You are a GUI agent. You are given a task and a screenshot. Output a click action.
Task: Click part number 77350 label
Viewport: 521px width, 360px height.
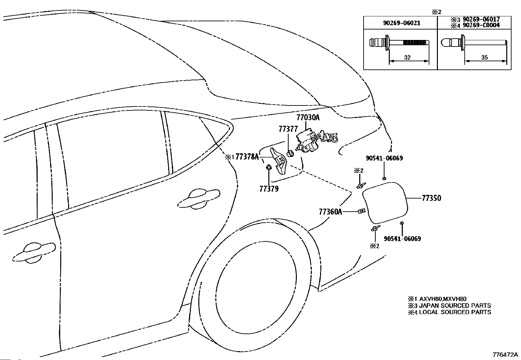point(431,198)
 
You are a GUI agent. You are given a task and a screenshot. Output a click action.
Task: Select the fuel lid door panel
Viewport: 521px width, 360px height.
point(385,202)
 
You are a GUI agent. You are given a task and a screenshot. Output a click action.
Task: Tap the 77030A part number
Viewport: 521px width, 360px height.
point(308,117)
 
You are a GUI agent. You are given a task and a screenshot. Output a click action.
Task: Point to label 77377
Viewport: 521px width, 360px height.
point(288,129)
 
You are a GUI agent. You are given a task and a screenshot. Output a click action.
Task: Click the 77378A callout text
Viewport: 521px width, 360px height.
point(247,157)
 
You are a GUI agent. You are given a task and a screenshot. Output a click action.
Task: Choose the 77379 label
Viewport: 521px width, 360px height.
point(269,189)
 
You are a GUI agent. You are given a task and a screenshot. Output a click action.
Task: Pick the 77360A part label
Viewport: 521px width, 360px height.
point(331,212)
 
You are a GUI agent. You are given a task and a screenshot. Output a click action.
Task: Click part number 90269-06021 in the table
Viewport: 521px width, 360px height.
point(402,23)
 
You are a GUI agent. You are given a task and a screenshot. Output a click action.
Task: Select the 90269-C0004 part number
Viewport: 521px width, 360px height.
point(481,25)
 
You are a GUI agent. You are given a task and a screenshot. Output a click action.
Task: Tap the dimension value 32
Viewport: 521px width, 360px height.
point(407,57)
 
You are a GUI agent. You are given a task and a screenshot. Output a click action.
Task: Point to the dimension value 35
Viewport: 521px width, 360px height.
point(484,57)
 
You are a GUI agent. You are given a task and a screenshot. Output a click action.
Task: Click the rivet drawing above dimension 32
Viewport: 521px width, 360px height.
point(399,43)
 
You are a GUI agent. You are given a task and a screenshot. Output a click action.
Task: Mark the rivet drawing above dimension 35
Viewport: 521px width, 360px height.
point(474,43)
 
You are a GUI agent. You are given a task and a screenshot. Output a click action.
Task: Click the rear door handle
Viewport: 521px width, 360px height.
point(198,198)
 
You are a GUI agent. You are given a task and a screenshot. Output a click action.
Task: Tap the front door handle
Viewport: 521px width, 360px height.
point(34,253)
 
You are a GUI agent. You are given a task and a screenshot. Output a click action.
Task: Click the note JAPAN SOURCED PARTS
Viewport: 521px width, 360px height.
point(455,306)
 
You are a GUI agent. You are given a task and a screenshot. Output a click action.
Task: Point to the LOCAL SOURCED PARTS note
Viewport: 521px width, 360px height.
point(455,312)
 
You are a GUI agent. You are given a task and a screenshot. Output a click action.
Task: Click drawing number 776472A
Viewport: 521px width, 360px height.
point(505,355)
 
